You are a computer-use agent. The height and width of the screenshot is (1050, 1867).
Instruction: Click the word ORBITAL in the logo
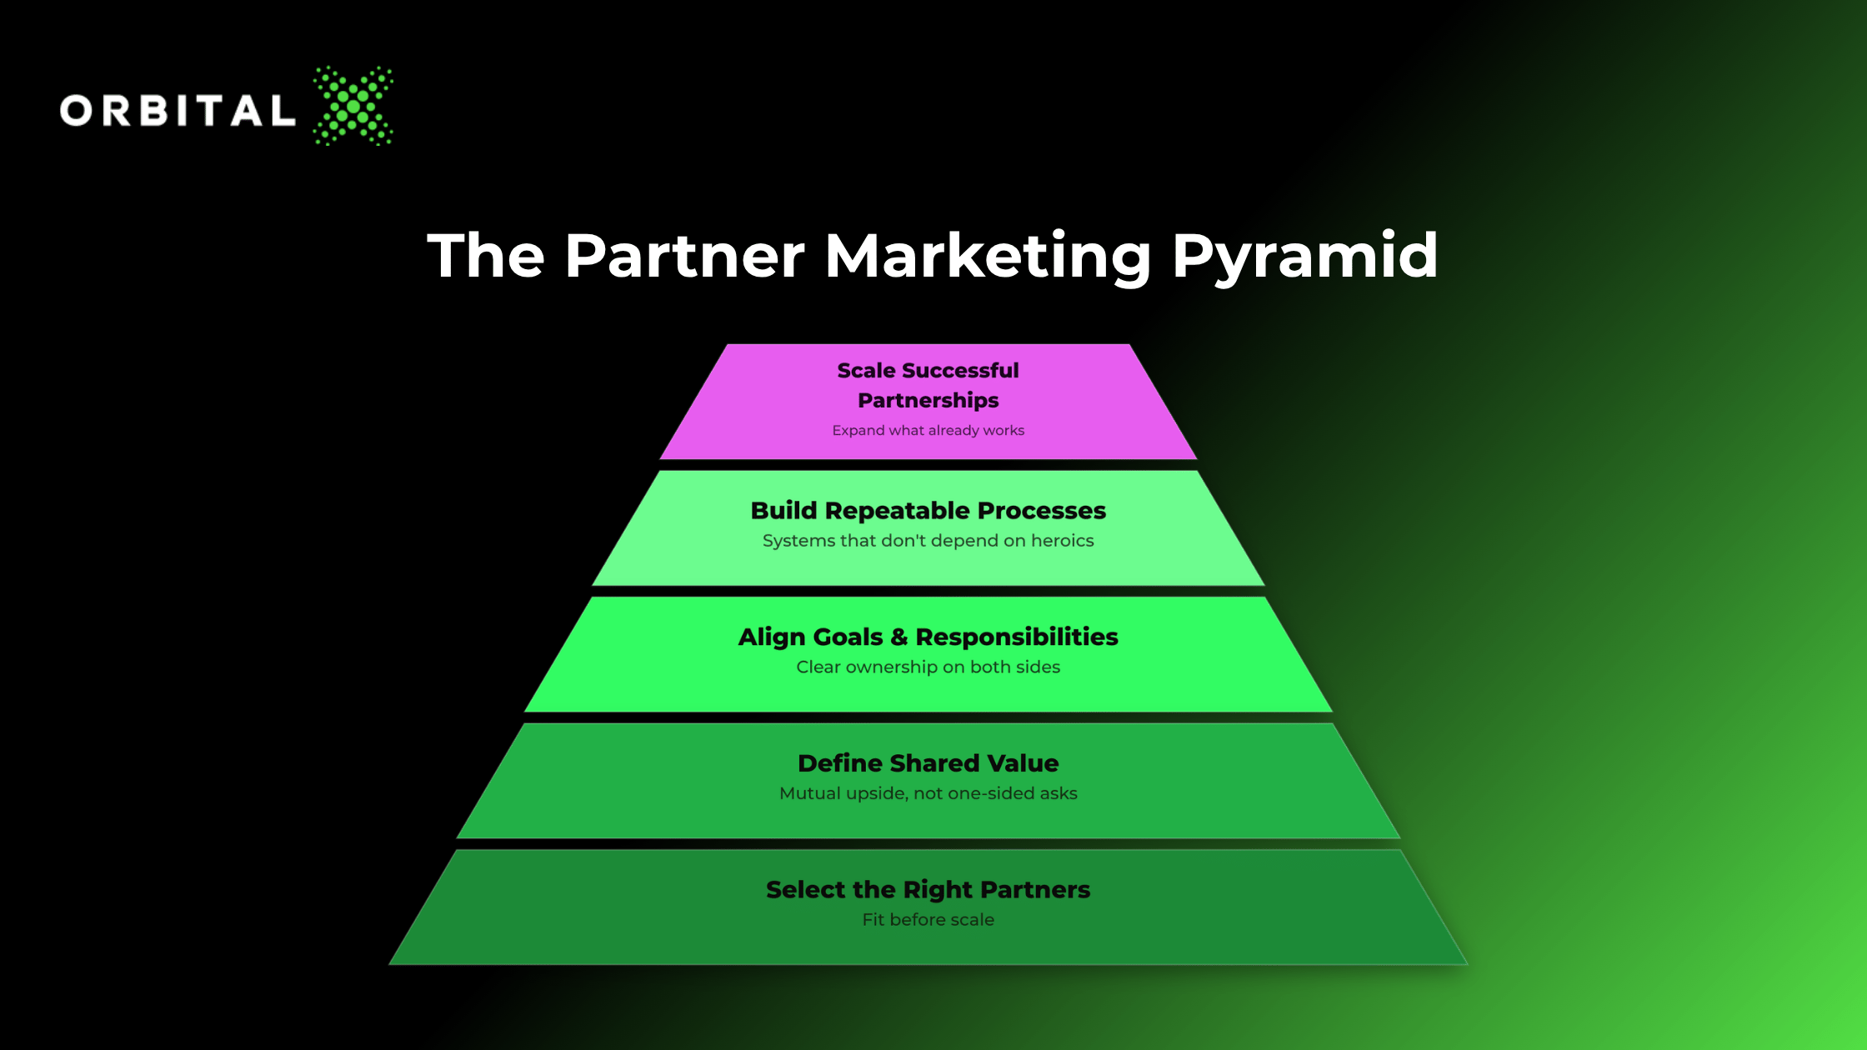coord(178,110)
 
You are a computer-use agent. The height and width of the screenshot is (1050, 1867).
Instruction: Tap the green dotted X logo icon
coord(353,106)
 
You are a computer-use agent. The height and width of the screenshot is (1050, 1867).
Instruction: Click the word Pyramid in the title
coord(1305,257)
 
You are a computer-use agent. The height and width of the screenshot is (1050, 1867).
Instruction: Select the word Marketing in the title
coord(988,257)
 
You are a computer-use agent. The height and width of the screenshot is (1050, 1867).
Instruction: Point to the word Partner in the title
coord(684,255)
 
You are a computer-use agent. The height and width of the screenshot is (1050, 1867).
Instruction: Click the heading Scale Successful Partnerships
coord(928,385)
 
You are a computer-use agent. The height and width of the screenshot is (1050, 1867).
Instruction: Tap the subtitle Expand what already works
coord(928,430)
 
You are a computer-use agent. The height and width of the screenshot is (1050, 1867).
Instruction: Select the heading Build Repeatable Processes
coord(928,510)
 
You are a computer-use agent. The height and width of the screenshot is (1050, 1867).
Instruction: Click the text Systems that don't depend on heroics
coord(928,541)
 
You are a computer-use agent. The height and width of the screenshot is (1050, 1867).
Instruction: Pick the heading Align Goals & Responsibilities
coord(928,637)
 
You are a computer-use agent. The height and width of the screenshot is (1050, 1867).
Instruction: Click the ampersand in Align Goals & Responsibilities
coord(898,637)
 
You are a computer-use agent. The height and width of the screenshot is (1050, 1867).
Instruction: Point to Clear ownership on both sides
coord(928,667)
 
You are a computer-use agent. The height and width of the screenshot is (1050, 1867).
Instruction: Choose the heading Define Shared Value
coord(928,763)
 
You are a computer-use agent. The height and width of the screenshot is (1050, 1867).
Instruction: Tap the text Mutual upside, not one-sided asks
coord(928,793)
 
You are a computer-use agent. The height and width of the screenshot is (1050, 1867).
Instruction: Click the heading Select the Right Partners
coord(928,890)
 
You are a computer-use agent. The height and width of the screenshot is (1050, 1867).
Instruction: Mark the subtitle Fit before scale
coord(928,919)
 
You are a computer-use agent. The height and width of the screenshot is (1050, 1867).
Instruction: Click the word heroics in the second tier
coord(1063,541)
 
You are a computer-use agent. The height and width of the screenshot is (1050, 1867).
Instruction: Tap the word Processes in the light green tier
coord(1042,510)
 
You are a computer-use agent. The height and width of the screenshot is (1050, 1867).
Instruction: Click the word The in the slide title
coord(486,255)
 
